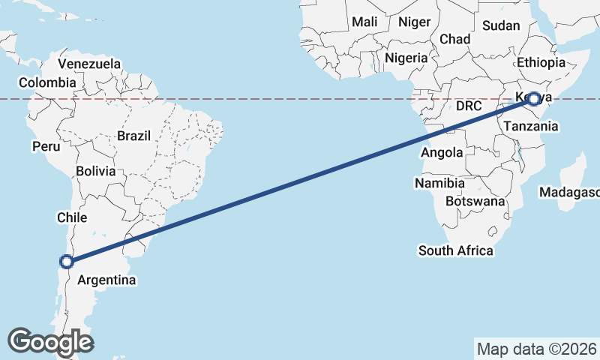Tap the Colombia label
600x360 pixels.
(x=47, y=82)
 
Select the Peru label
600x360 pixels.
(x=45, y=146)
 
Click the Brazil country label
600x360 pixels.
(x=134, y=136)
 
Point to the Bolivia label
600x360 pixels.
(x=96, y=171)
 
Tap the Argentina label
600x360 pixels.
(x=107, y=280)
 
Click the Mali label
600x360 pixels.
(x=364, y=22)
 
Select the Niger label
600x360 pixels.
(x=415, y=22)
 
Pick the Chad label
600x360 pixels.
(x=455, y=39)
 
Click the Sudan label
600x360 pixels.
(x=501, y=25)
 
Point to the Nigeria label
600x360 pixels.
(x=406, y=58)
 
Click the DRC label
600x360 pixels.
(x=468, y=106)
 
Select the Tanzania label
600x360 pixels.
(x=531, y=127)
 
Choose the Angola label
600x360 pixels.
(x=442, y=153)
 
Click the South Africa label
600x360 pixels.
(x=456, y=250)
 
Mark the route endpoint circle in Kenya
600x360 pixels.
(x=533, y=98)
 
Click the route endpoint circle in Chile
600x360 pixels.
(x=67, y=262)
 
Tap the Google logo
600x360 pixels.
(x=51, y=341)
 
